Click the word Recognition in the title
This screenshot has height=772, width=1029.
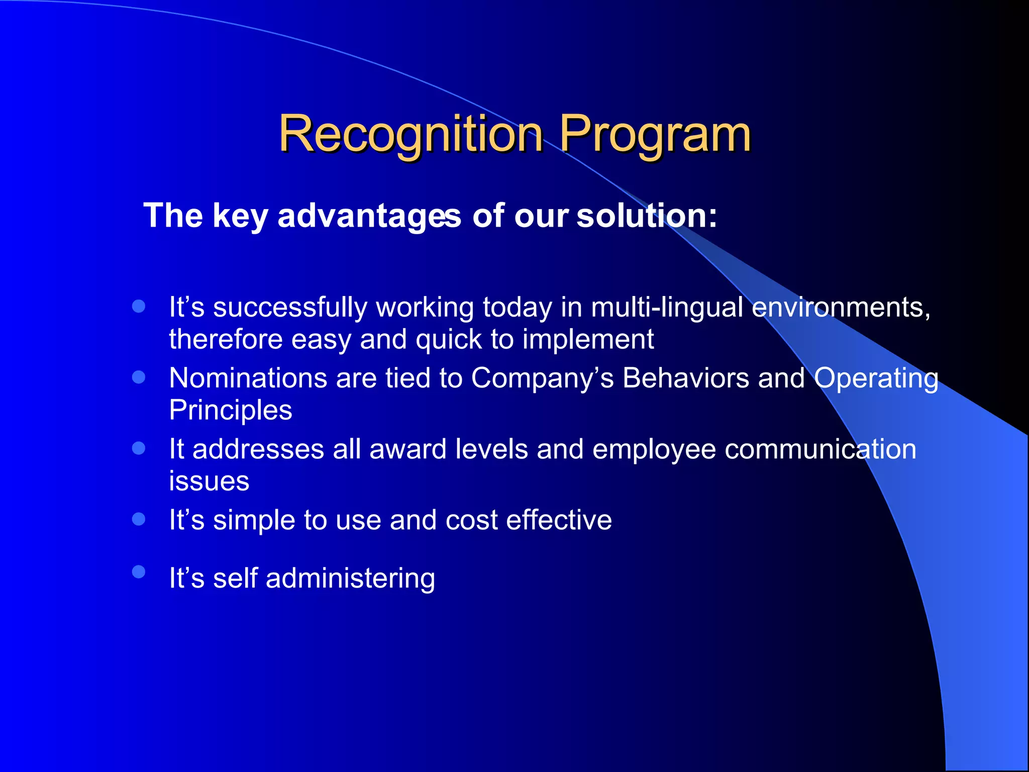click(x=411, y=134)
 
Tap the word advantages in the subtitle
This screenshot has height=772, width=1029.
click(x=369, y=216)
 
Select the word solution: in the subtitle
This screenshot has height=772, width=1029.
click(x=647, y=216)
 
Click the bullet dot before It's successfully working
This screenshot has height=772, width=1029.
click(x=139, y=306)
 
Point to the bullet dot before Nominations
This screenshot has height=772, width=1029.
click(x=139, y=377)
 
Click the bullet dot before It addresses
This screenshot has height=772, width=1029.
click(x=139, y=448)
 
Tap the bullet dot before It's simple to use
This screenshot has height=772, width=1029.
click(x=139, y=519)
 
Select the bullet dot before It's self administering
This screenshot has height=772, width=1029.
click(x=139, y=572)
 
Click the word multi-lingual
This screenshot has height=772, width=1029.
click(x=667, y=308)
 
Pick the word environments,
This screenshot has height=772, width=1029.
click(x=841, y=308)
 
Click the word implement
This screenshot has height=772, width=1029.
click(x=588, y=340)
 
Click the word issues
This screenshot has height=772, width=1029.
click(x=209, y=481)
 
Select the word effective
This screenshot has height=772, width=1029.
click(x=559, y=520)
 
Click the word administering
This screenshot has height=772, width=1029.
click(x=350, y=578)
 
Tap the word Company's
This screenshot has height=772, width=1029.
click(x=542, y=378)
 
